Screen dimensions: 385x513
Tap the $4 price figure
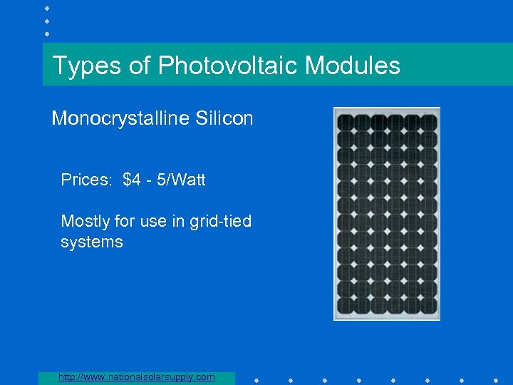coord(132,180)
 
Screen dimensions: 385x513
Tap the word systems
coord(92,242)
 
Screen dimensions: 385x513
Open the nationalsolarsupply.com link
coord(137,376)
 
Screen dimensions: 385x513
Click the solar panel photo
coord(387,213)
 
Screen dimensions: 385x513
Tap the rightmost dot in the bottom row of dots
coord(496,379)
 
